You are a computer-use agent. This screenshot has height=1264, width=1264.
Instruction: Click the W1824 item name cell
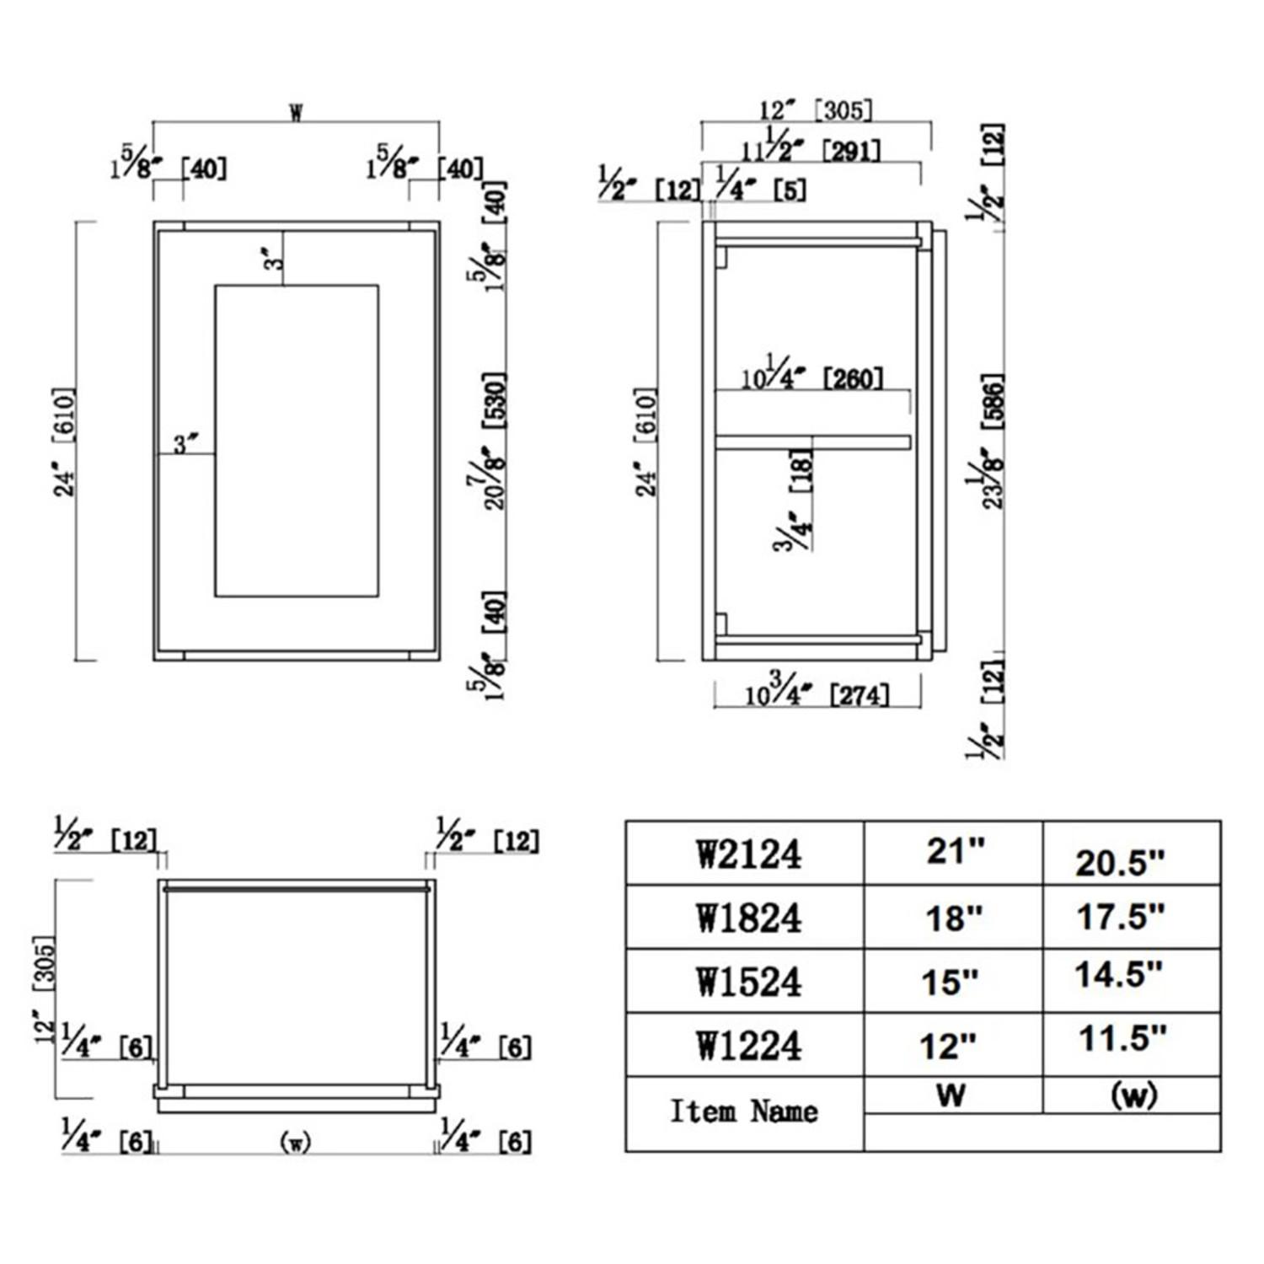tap(747, 918)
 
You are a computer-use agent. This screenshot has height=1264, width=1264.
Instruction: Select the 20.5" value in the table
tap(1119, 862)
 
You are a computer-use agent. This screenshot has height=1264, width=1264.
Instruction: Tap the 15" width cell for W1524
tap(951, 982)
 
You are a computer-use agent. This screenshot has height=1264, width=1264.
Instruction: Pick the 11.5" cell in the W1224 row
tap(1122, 1038)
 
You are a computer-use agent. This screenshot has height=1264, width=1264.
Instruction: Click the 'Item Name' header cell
tap(743, 1112)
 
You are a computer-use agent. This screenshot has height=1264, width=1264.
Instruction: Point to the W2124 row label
tap(747, 854)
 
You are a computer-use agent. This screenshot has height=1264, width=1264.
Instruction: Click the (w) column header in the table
tap(1133, 1095)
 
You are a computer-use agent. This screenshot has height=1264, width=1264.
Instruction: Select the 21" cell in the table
tap(955, 851)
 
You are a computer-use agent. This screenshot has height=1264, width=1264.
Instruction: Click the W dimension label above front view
tap(296, 113)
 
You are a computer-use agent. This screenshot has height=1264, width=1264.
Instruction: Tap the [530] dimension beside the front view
tap(495, 401)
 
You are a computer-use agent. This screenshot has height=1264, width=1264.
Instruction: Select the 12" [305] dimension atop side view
tap(815, 110)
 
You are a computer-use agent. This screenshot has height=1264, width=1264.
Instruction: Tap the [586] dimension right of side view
tap(994, 401)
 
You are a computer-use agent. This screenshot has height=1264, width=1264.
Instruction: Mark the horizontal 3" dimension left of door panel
tap(185, 443)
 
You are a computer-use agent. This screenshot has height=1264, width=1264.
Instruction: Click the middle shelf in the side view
tap(812, 442)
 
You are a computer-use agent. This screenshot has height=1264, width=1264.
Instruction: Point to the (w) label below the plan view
tap(295, 1142)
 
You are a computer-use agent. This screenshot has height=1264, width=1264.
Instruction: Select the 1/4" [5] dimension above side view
tap(759, 187)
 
